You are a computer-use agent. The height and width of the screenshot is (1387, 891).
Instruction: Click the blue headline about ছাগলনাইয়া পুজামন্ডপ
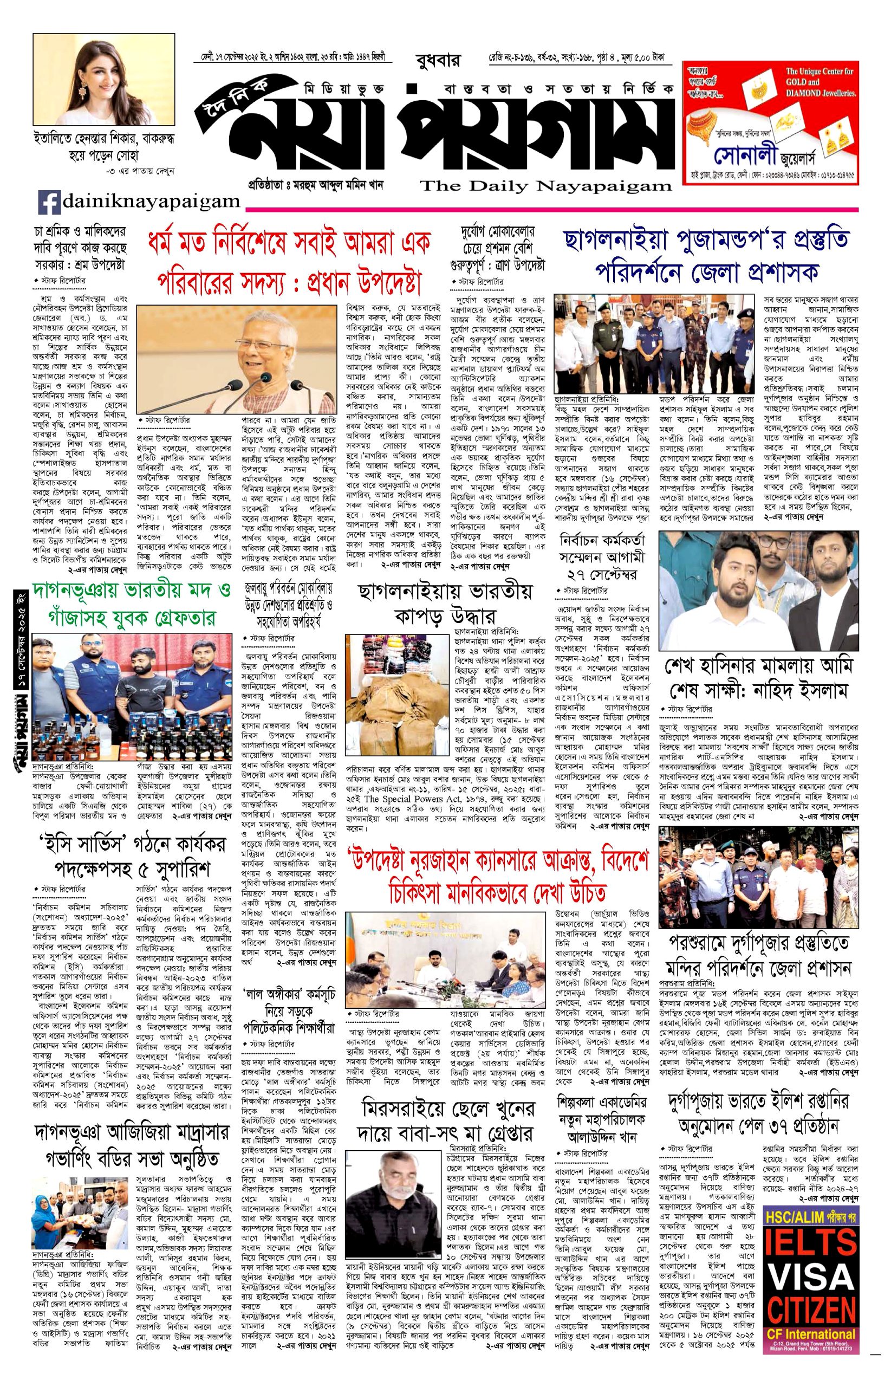click(x=709, y=255)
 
